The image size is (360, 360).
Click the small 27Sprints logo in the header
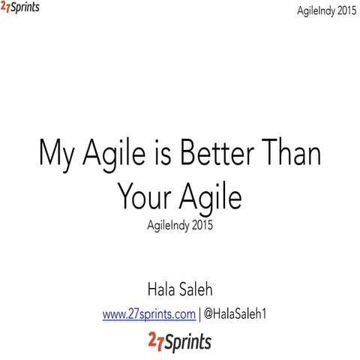(x=20, y=8)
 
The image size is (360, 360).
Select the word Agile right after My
(x=112, y=157)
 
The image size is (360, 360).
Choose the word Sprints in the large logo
(x=187, y=343)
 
